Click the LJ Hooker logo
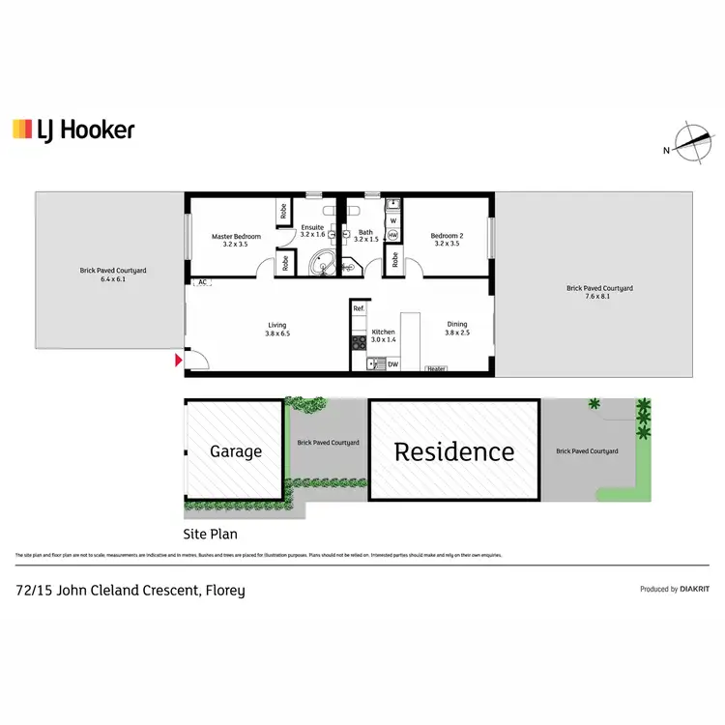73,130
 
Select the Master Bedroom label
236,240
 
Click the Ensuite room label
312,230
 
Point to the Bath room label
365,235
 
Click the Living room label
277,329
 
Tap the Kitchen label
384,335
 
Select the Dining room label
456,329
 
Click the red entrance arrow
177,361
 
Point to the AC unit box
203,282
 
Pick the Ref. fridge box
359,308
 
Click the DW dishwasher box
392,364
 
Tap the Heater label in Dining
436,368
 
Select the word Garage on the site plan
236,451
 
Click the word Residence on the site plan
453,451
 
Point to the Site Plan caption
211,533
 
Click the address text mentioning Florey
130,590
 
